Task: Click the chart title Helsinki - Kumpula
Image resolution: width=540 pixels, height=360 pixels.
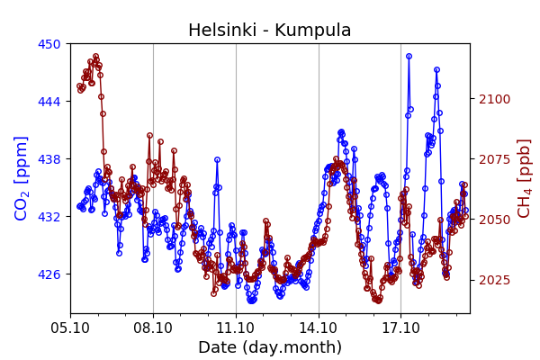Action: (x=269, y=31)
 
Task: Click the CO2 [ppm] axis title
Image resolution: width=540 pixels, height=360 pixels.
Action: (x=22, y=178)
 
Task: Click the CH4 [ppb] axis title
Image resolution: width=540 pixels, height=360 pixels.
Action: (x=524, y=178)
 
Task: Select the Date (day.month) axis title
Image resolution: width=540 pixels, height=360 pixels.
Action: (x=270, y=347)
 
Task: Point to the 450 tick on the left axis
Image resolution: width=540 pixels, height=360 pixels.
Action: (x=49, y=44)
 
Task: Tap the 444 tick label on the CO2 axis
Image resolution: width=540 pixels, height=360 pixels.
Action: (x=49, y=102)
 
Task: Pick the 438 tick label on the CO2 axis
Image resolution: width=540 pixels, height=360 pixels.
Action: (x=49, y=159)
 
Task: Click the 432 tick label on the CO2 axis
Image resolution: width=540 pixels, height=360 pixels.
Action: (x=49, y=217)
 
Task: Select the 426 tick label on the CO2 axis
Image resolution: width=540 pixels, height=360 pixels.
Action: (x=49, y=274)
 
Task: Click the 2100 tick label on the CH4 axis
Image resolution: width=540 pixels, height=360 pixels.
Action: (x=493, y=99)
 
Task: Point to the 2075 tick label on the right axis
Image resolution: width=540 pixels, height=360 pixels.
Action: (x=493, y=159)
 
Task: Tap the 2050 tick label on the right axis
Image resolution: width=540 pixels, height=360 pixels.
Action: (x=493, y=220)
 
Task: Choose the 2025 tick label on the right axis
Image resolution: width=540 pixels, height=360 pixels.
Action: (x=493, y=280)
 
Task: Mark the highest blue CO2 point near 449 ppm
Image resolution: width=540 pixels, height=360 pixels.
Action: (x=409, y=56)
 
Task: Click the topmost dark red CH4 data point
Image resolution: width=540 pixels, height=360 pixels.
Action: (x=95, y=56)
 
